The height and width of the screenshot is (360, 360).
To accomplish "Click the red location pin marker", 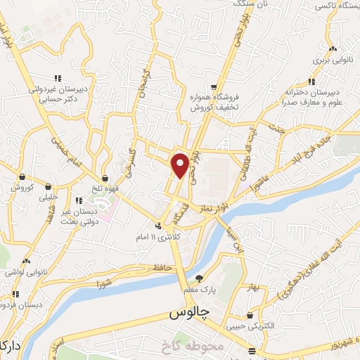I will [x=181, y=166].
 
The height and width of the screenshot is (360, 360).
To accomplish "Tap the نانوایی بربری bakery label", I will [x=332, y=61].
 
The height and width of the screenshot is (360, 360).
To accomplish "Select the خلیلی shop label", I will [x=46, y=197].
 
